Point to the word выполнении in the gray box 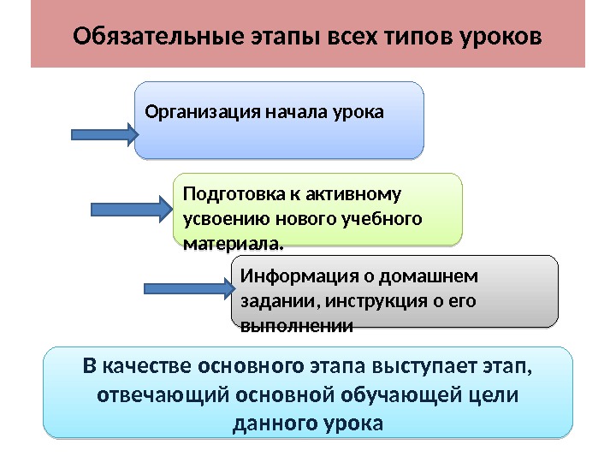[x=298, y=326]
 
